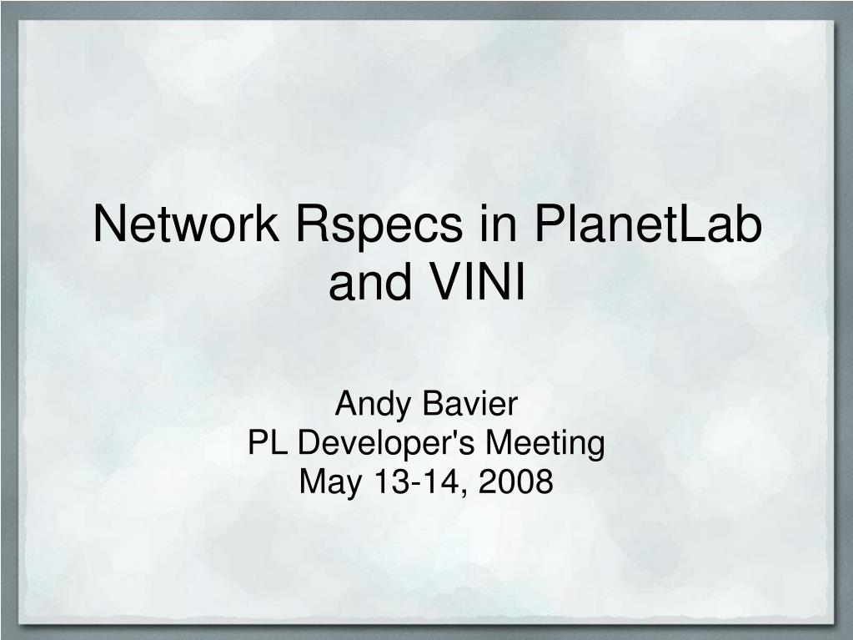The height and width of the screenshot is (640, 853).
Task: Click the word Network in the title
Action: pos(186,224)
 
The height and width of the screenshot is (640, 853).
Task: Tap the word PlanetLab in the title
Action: pos(647,224)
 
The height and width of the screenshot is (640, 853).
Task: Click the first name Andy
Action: pos(373,406)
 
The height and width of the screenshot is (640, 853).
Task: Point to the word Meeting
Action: pos(544,445)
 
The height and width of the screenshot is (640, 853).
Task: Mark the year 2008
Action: pos(515,481)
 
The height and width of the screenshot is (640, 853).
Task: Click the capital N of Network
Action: pos(109,224)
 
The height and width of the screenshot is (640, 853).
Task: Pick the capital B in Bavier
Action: pos(432,404)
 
